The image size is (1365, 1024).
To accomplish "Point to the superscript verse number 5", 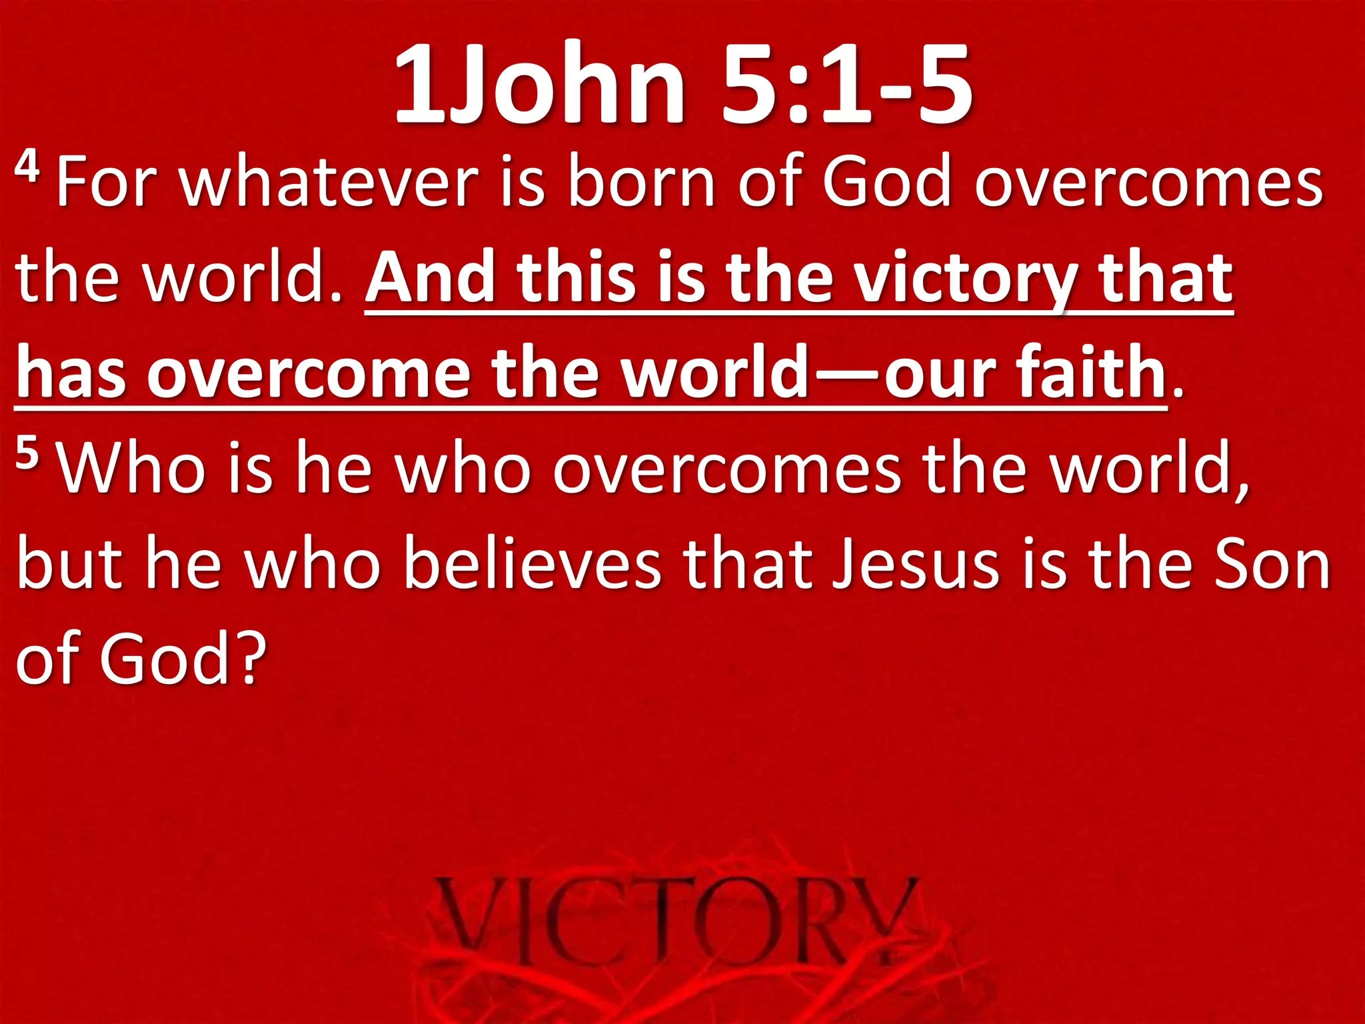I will pyautogui.click(x=27, y=453).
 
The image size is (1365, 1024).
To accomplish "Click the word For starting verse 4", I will pyautogui.click(x=107, y=182).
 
